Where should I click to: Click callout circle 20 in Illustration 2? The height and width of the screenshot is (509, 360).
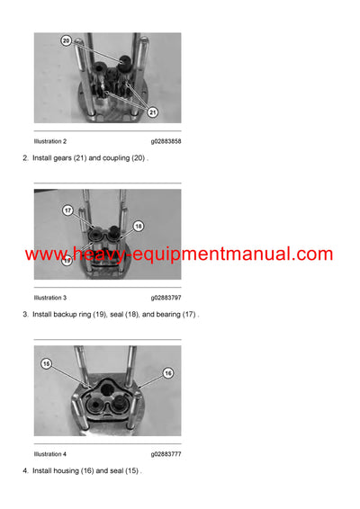coord(67,41)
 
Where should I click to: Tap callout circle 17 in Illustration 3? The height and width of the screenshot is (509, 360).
coord(67,210)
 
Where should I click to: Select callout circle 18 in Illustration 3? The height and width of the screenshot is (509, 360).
coord(138,226)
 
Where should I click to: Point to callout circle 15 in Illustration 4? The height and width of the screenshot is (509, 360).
coord(47,363)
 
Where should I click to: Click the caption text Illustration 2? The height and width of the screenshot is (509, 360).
coord(50,141)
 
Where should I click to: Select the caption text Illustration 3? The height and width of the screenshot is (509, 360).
coord(50,298)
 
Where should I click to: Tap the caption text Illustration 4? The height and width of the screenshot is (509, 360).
coord(50,454)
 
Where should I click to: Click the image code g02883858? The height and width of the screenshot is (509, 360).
coord(166,141)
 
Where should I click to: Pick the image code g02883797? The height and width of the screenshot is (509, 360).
coord(166,298)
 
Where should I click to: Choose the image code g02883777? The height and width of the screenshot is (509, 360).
coord(166,454)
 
